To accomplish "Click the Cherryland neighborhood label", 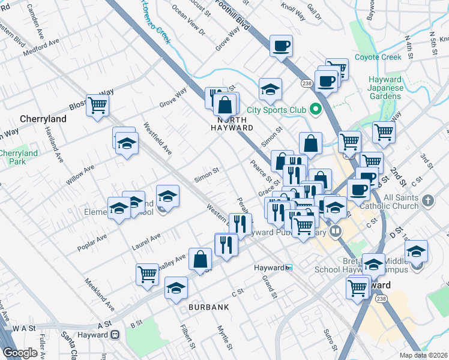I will coord(43,119).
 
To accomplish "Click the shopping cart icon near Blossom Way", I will coord(97,106).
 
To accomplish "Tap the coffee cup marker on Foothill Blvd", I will coord(281,47).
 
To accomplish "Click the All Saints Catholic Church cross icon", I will coord(427,199).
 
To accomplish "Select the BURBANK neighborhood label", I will coord(208,307).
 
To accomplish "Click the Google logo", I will coord(20,353).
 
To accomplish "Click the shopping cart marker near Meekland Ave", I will coord(147,275).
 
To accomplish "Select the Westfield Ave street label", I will coord(157,139).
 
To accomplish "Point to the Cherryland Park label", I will coord(18,158).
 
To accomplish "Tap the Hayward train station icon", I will coord(289,268).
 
